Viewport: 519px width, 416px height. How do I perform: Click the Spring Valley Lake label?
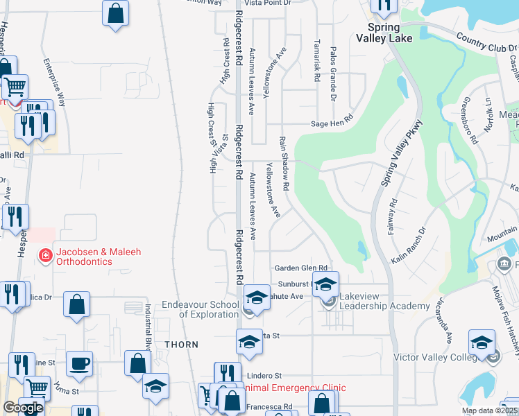384,33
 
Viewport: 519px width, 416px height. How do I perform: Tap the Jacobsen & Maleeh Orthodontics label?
99,257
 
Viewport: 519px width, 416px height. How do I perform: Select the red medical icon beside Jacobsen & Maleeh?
46,255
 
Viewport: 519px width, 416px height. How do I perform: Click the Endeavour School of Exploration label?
200,309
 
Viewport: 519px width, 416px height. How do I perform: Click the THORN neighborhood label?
181,345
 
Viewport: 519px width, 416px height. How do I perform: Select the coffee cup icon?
79,363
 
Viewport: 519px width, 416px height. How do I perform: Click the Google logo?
23,408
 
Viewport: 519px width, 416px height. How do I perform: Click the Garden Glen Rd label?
300,268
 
